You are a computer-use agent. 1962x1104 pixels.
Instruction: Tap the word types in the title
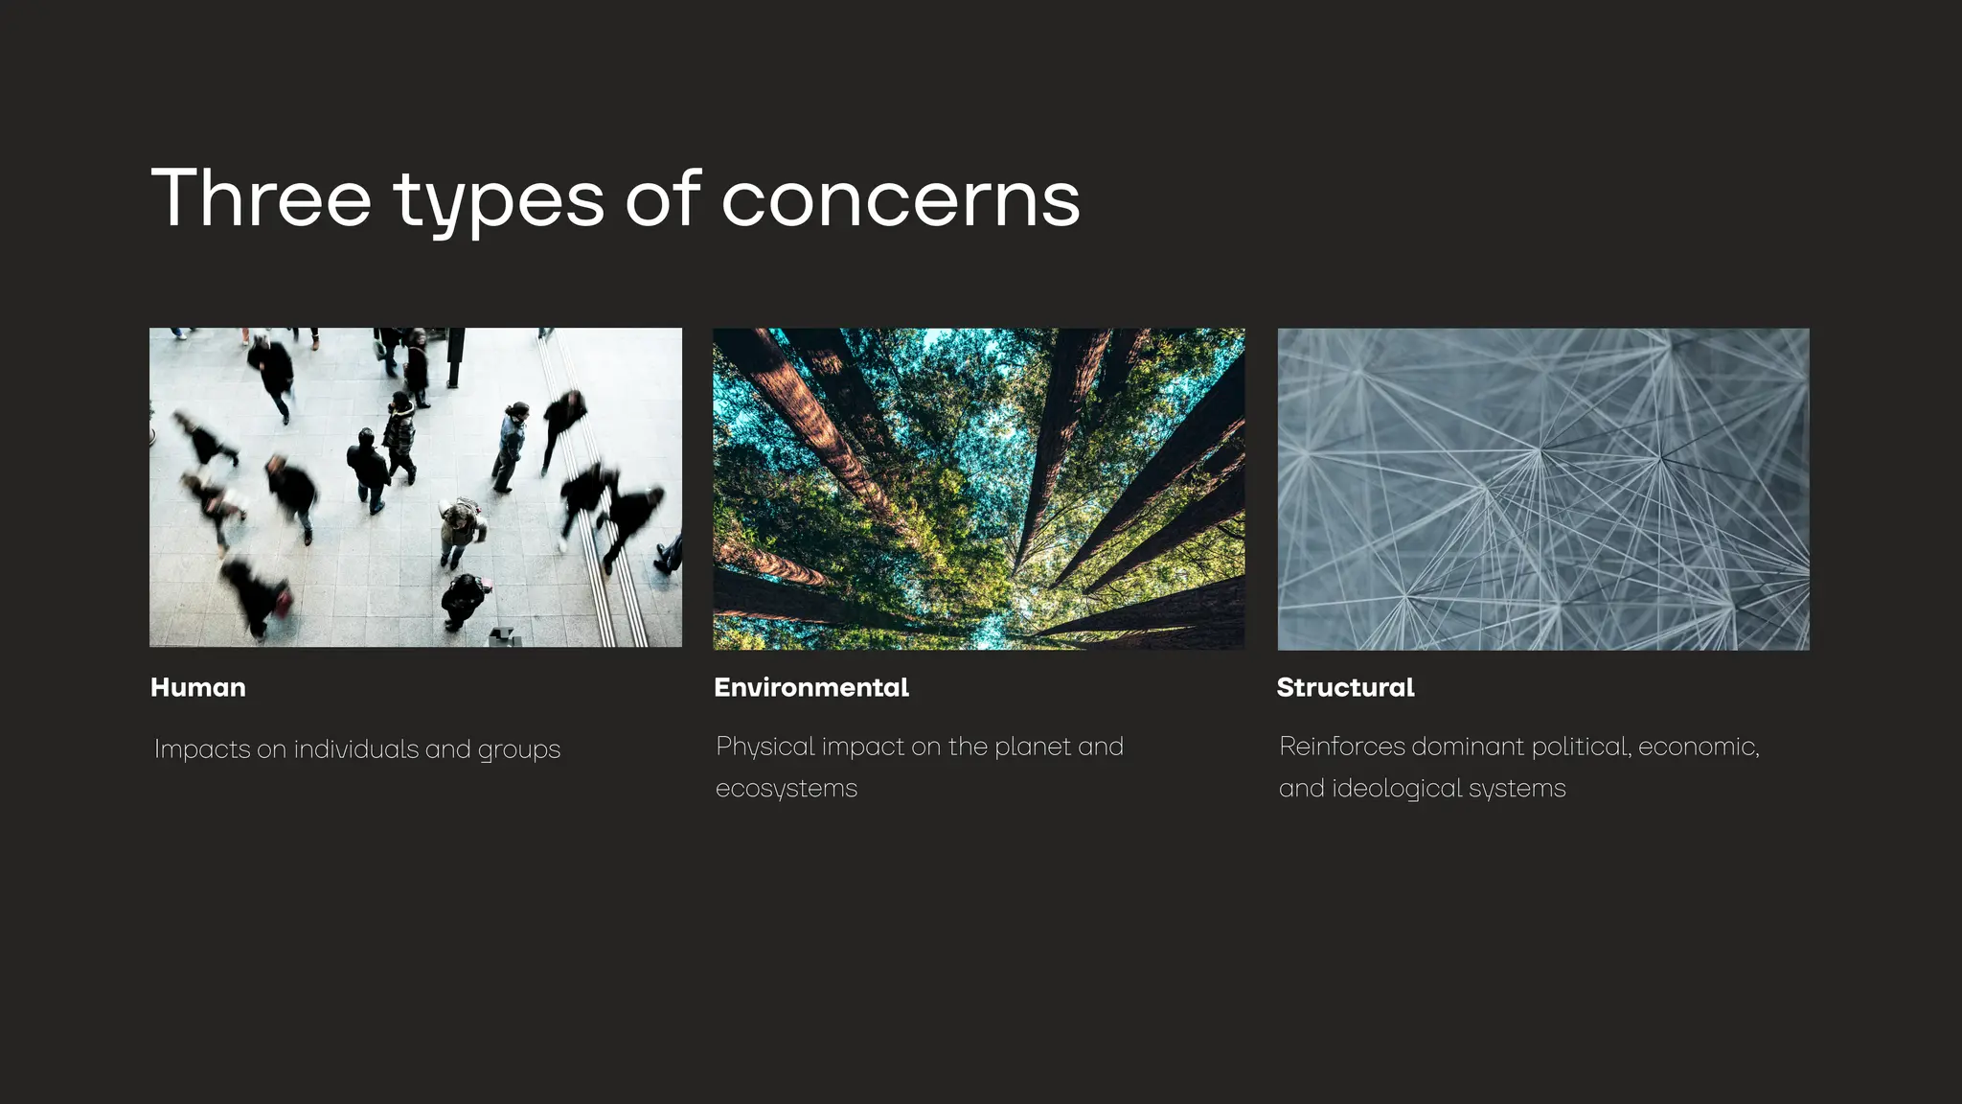498,201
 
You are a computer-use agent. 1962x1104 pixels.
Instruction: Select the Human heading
198,688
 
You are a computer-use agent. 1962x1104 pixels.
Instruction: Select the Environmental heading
810,688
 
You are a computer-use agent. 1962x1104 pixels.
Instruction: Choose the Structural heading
1345,688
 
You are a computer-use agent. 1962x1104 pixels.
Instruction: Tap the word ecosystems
786,789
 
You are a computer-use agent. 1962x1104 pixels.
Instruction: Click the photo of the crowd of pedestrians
416,488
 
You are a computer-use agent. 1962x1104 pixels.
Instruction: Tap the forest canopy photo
978,489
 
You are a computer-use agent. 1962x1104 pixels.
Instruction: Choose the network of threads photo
1542,489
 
